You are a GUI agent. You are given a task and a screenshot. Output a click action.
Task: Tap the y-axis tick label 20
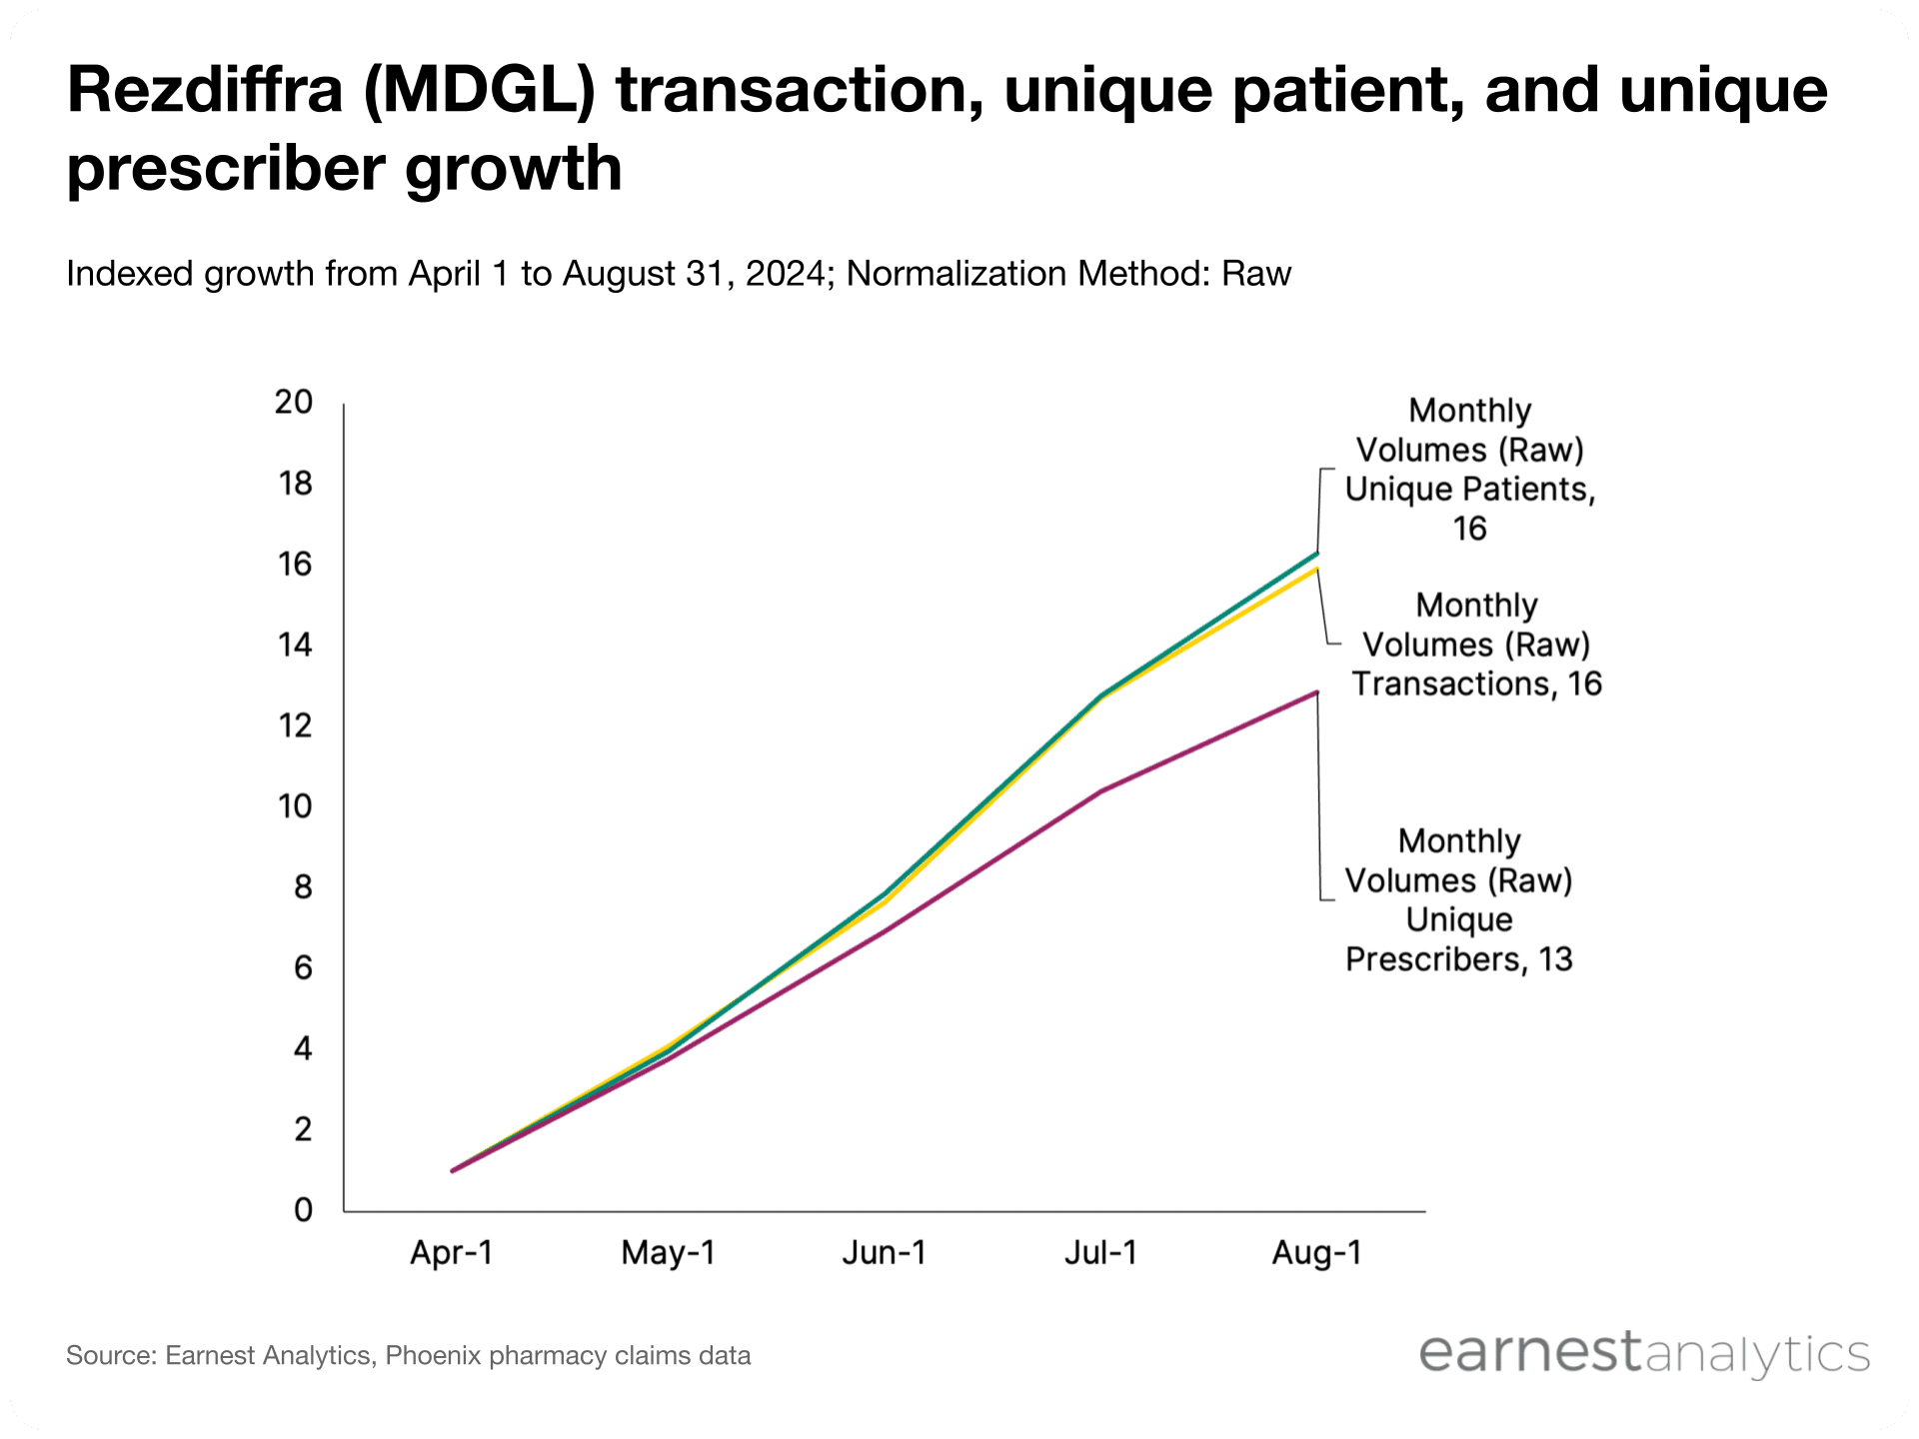tap(294, 402)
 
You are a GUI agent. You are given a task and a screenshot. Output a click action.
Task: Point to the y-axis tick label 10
tap(295, 806)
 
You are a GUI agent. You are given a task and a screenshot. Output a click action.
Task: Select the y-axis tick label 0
tap(303, 1210)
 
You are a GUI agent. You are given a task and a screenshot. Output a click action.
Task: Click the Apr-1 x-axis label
tap(452, 1253)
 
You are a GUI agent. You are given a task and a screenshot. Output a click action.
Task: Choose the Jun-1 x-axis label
tap(885, 1253)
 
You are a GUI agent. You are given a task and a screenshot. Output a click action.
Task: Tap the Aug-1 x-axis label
tap(1317, 1253)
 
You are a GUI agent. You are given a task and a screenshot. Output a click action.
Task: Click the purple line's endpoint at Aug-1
tap(1317, 692)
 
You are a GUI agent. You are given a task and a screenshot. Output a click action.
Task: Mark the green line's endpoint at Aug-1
tap(1317, 553)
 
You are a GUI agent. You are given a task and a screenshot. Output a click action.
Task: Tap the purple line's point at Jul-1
tap(1101, 791)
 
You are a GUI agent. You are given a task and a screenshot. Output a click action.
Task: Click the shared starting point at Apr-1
tap(452, 1170)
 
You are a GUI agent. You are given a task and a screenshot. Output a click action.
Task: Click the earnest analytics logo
tap(1643, 1354)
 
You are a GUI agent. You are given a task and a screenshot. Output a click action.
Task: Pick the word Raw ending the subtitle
tap(1256, 274)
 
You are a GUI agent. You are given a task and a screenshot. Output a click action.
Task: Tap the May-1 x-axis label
tap(669, 1253)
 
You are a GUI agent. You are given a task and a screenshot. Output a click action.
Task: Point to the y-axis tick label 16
tap(295, 565)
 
